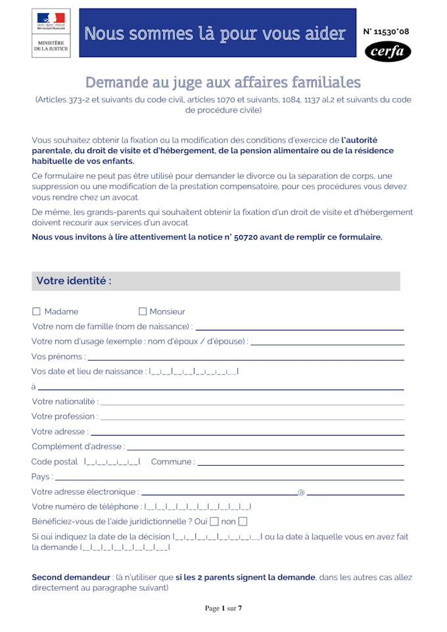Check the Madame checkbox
36,311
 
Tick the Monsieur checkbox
143,311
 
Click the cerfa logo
388,51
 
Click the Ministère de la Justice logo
51,32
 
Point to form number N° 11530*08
386,32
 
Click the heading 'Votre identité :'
74,281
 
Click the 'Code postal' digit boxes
112,462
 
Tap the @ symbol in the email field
301,492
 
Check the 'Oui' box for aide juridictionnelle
214,522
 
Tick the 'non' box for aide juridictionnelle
243,522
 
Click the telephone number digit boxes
197,507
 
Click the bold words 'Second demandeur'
71,577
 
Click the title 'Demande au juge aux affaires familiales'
223,82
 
